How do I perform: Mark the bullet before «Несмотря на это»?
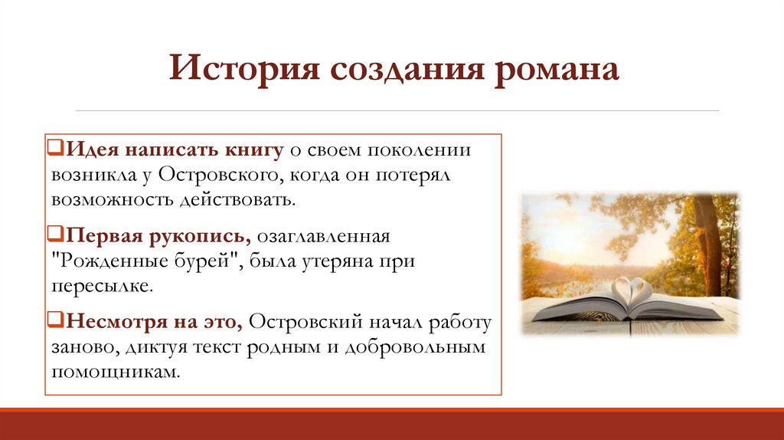pos(56,318)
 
